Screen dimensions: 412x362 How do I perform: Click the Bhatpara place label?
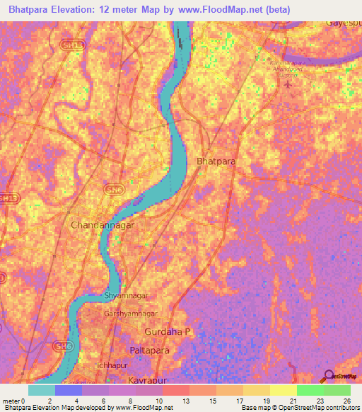pyautogui.click(x=216, y=162)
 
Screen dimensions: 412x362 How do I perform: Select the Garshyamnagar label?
pyautogui.click(x=131, y=313)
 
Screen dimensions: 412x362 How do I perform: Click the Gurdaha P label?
pyautogui.click(x=168, y=331)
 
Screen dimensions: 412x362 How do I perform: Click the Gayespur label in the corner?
pyautogui.click(x=344, y=23)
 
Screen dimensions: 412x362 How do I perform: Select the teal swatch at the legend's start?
pyautogui.click(x=41, y=390)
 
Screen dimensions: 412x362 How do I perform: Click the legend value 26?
pyautogui.click(x=346, y=401)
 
